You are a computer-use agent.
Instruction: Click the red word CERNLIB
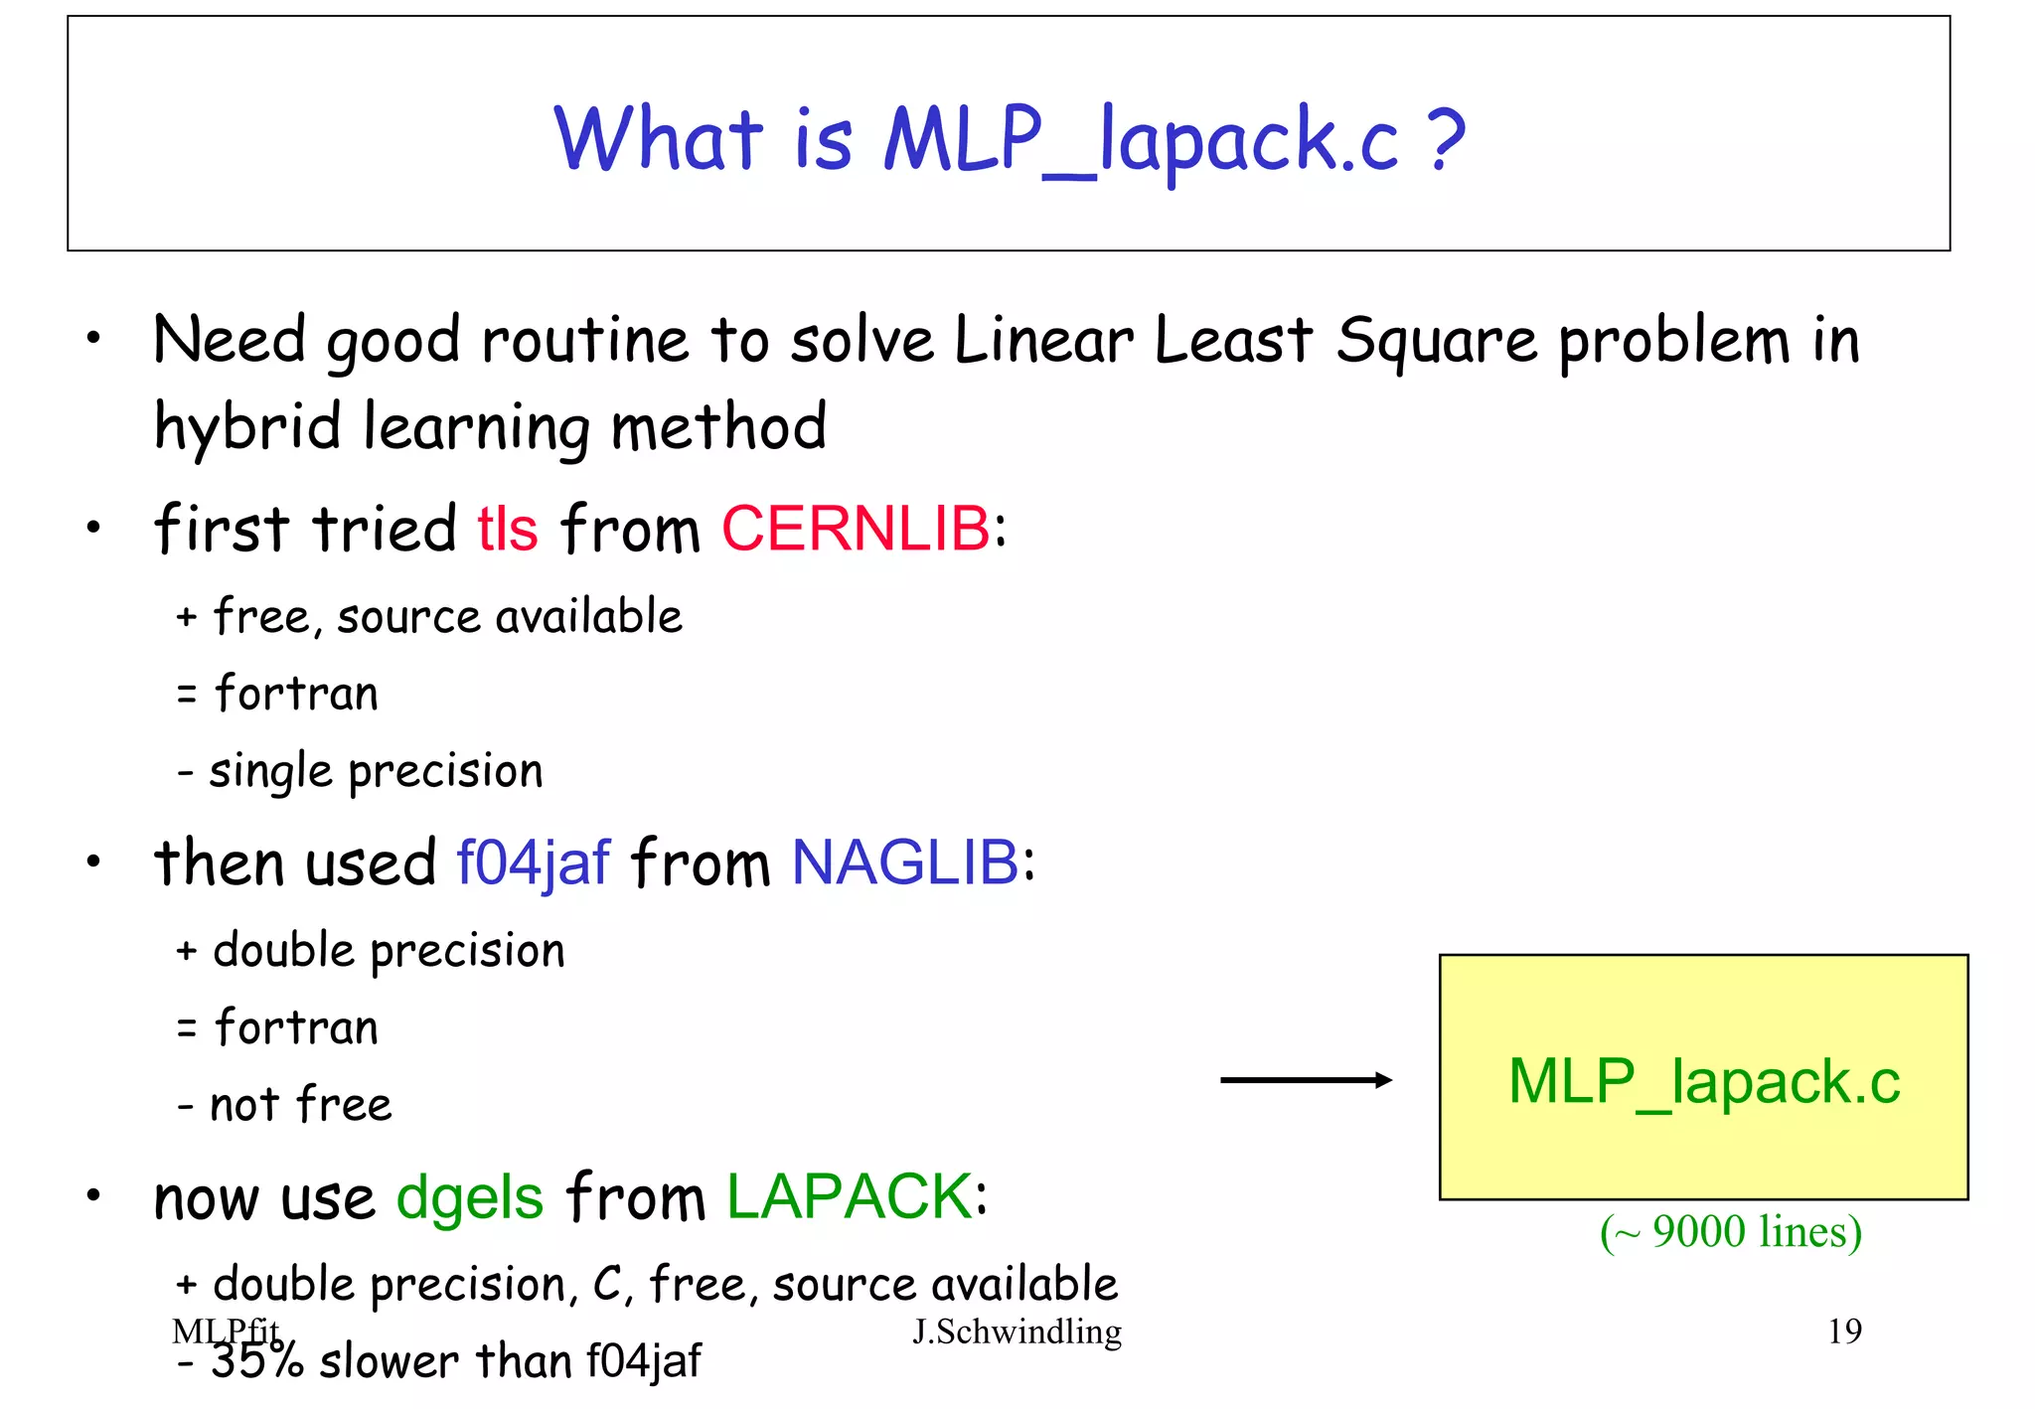tap(856, 528)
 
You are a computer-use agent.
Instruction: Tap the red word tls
tap(507, 528)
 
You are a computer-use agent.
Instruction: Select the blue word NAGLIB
tap(905, 861)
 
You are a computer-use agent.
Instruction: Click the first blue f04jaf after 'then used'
tap(533, 862)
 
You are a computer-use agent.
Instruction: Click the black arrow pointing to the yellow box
tap(1306, 1080)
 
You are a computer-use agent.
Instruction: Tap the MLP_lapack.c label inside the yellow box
tap(1703, 1081)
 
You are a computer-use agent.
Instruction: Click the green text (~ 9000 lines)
tap(1730, 1232)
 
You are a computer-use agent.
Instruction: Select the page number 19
tap(1844, 1331)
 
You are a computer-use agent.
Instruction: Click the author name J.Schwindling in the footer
tap(1017, 1331)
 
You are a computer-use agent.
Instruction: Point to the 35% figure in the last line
tap(257, 1361)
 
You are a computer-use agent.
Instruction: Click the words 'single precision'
tap(376, 772)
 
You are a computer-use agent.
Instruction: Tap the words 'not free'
tap(301, 1105)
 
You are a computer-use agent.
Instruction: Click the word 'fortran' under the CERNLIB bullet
tap(296, 693)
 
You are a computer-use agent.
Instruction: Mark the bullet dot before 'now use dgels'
tap(93, 1195)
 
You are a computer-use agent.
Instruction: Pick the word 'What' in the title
tap(658, 138)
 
